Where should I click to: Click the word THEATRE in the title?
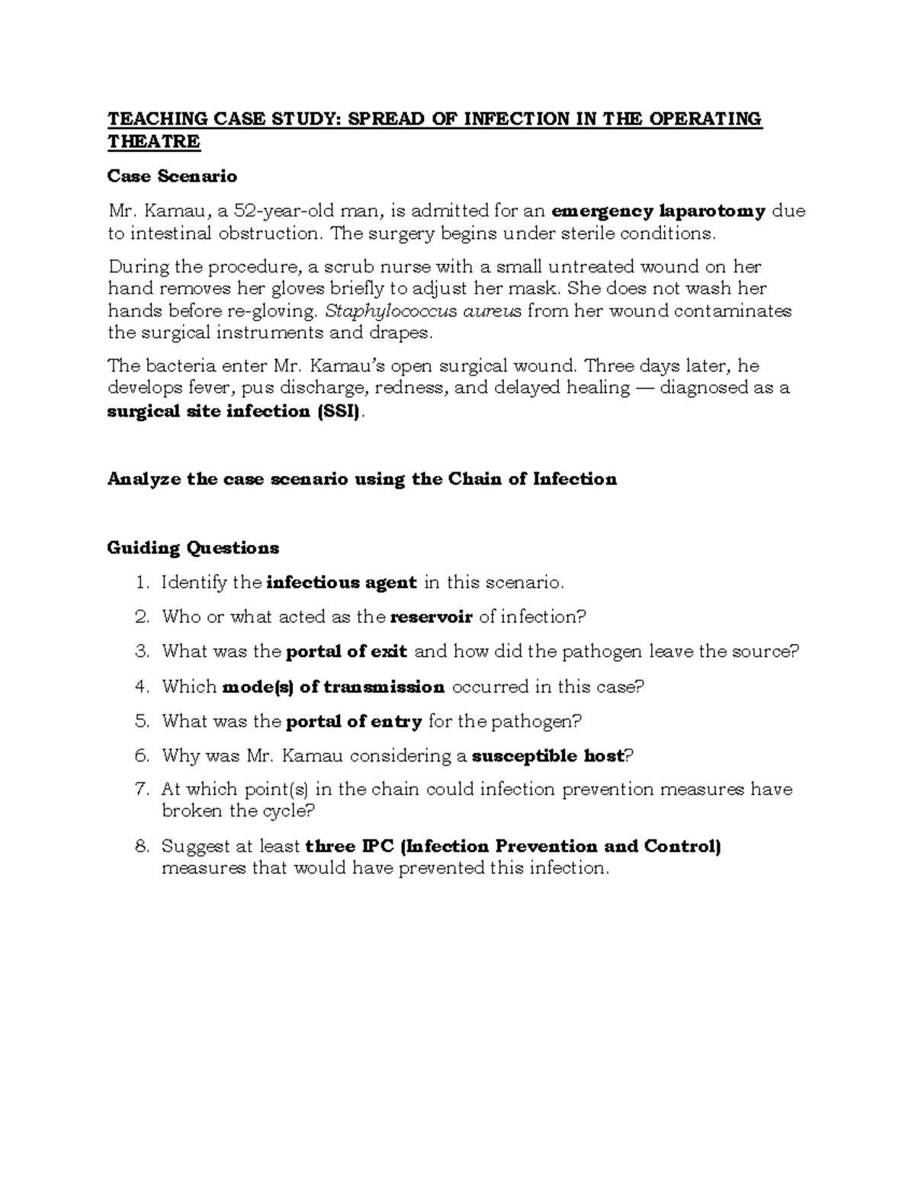(153, 142)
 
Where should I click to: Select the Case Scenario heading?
(172, 176)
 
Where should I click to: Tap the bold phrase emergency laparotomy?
(658, 211)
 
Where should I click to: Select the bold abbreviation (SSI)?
(339, 411)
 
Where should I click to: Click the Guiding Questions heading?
(193, 548)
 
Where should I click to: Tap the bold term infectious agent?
(342, 583)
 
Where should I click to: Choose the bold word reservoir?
(432, 617)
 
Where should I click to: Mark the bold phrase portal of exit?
(346, 652)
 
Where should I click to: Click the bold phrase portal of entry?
(353, 721)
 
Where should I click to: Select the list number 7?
(142, 789)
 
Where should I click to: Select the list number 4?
(142, 687)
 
